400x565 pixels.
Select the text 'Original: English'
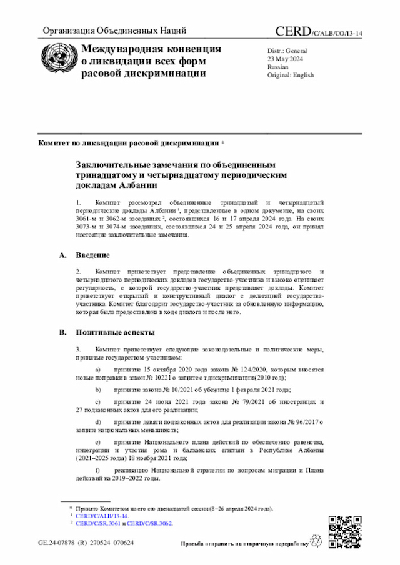tap(291, 75)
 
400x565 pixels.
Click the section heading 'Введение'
tap(93, 256)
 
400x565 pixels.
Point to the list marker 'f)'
tap(97, 470)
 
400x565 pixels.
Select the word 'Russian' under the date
tap(278, 66)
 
